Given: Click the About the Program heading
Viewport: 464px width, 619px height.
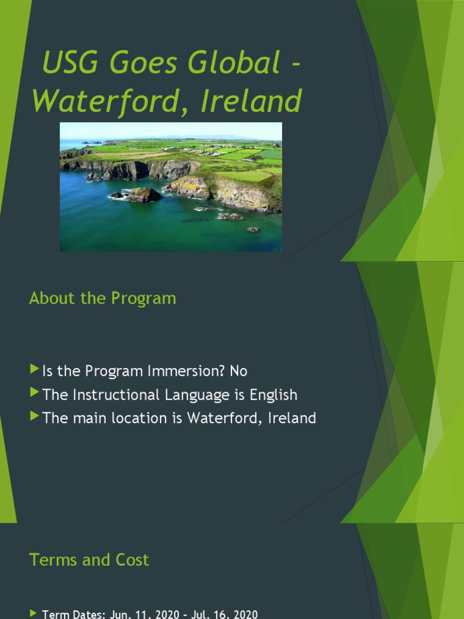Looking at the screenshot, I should point(103,298).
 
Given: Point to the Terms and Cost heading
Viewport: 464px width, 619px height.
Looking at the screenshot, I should point(89,560).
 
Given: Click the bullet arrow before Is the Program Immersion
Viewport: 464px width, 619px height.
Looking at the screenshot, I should point(34,369).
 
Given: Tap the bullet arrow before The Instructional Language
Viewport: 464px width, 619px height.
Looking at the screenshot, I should point(34,394).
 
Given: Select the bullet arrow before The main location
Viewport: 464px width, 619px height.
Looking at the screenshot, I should point(34,416).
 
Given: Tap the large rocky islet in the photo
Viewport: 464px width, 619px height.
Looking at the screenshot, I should point(142,194).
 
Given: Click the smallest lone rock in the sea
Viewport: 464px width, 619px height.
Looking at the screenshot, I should point(252,230).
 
